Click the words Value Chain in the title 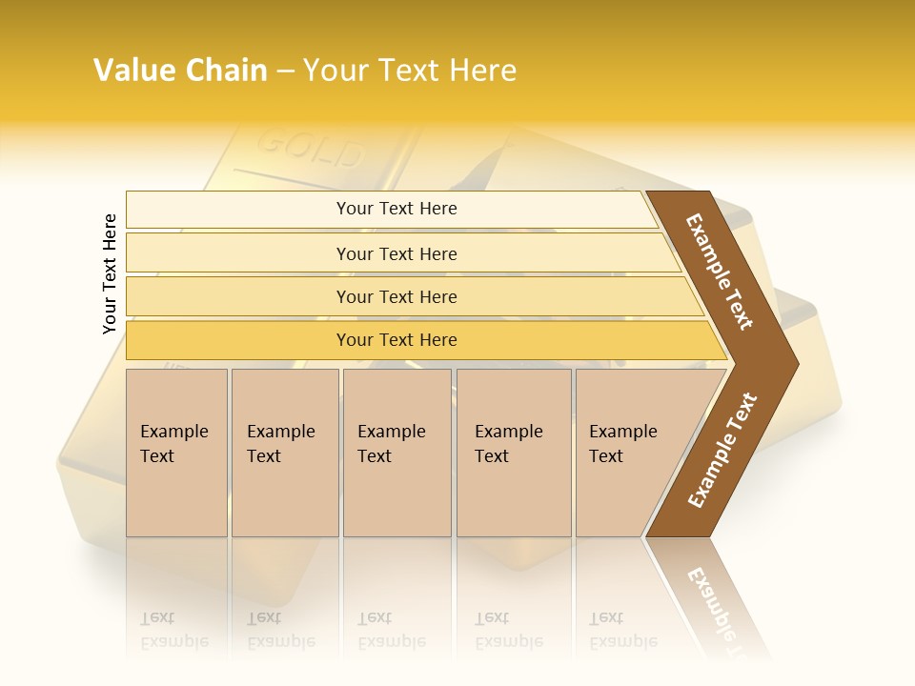point(180,71)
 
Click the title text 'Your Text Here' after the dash point(410,71)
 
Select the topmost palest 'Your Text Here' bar point(396,209)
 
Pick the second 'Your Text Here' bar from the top point(396,253)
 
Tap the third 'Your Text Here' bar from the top point(396,296)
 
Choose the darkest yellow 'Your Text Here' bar point(396,340)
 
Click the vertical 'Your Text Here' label point(110,273)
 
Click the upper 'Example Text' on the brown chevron point(720,272)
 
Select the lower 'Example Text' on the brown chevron point(722,450)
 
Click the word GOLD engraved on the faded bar point(311,147)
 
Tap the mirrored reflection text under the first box point(174,630)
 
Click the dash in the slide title point(285,71)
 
